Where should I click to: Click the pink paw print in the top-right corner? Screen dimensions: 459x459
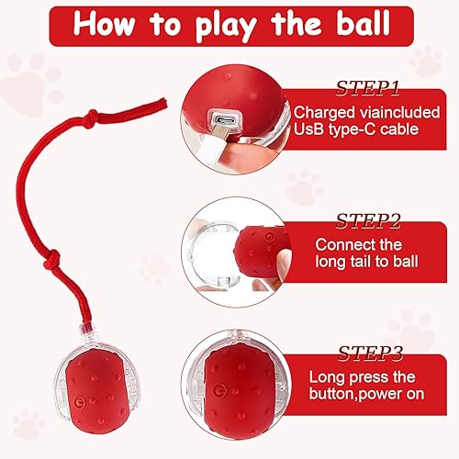click(425, 61)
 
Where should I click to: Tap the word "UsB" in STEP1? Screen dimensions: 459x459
click(308, 130)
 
